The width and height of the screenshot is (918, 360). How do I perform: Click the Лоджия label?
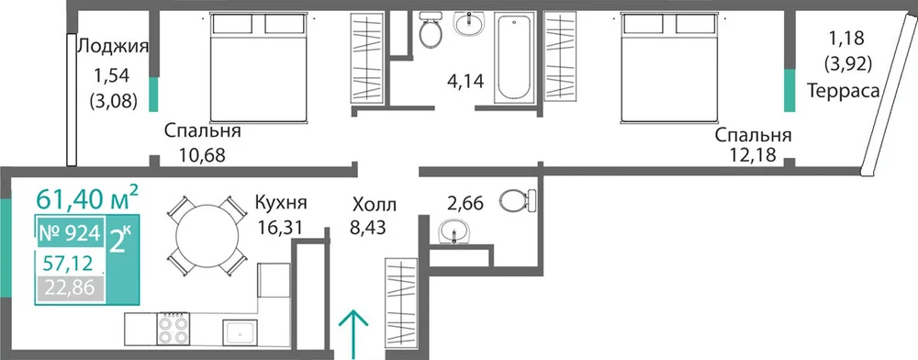[x=113, y=46]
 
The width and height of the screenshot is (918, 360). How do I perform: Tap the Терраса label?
[x=843, y=91]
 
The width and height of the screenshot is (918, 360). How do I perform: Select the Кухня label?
[x=281, y=204]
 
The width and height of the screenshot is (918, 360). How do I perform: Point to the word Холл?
[x=375, y=205]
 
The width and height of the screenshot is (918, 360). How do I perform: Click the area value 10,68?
[x=202, y=155]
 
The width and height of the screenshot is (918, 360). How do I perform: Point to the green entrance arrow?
[x=354, y=334]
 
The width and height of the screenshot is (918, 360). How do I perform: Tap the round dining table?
[x=207, y=237]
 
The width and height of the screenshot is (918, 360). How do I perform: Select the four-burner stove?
[x=173, y=329]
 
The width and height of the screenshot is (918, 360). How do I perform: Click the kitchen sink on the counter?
[x=240, y=332]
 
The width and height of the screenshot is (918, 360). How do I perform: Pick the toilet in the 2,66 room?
[x=519, y=200]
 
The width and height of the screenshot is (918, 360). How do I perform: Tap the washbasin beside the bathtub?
[x=469, y=25]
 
